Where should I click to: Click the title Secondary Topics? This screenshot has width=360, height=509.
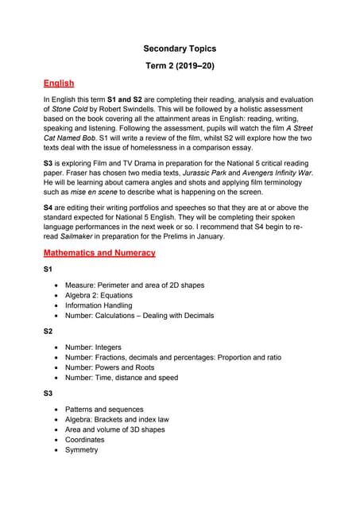point(179,49)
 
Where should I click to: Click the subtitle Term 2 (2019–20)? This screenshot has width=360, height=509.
point(179,65)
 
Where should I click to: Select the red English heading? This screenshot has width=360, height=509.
point(58,83)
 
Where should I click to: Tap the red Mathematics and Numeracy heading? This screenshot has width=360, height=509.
point(99,253)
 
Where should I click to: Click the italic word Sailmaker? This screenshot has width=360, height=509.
point(79,236)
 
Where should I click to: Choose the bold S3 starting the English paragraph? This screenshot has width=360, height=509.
point(48,161)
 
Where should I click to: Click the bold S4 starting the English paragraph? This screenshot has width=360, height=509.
point(48,205)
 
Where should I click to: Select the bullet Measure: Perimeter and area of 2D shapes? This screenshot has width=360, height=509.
point(134,286)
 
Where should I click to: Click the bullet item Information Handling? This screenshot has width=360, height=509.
point(99,305)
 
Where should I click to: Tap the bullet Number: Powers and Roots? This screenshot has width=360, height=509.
point(110,367)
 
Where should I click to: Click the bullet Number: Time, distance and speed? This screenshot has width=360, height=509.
point(121,378)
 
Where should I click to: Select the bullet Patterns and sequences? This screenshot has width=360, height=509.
point(104,410)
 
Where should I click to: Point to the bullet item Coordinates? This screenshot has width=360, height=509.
point(84,440)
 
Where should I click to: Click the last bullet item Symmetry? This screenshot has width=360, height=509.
point(81,450)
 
